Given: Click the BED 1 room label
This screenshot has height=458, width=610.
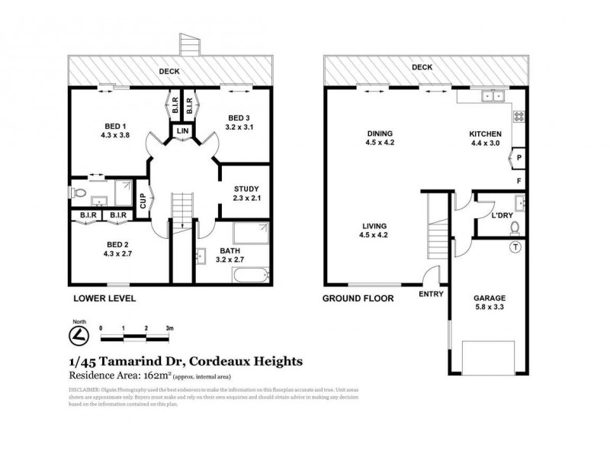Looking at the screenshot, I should [x=115, y=127].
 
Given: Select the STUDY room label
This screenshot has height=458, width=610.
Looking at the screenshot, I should [x=246, y=189].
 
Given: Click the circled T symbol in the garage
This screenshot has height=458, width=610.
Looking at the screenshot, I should [x=515, y=247].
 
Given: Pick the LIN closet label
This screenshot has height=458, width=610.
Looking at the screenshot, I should [x=183, y=132].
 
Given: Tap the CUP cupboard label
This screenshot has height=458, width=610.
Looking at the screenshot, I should [x=143, y=201].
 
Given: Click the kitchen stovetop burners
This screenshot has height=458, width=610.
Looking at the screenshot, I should [x=519, y=117].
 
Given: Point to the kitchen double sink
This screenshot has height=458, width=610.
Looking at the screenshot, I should [x=492, y=95].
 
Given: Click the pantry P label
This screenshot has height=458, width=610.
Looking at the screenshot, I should [x=518, y=160].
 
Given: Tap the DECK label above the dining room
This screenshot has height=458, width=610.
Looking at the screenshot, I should [x=422, y=67].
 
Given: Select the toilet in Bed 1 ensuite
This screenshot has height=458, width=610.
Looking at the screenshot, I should [x=76, y=192].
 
